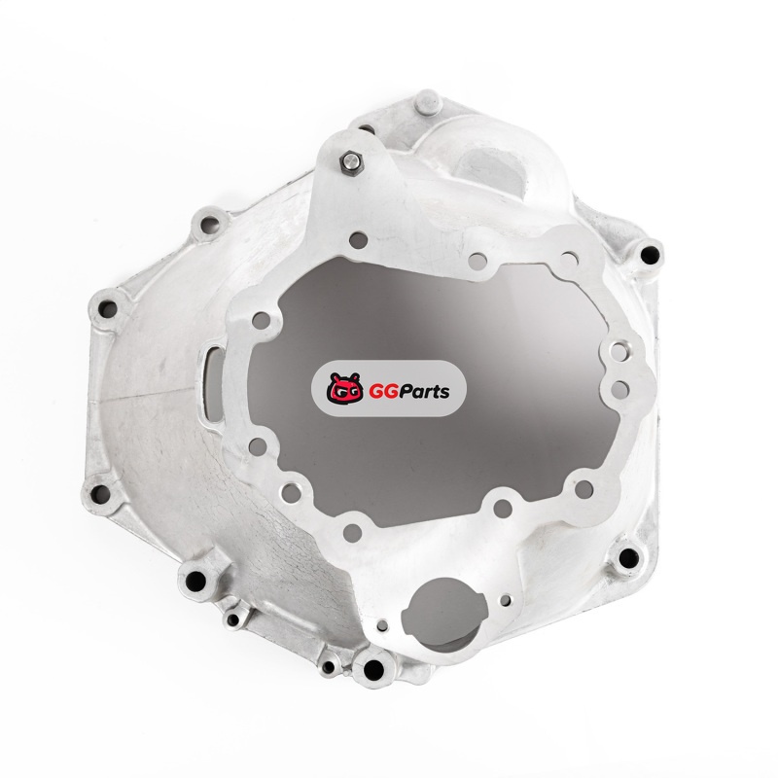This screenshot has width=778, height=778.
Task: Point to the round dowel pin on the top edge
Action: tap(428, 102)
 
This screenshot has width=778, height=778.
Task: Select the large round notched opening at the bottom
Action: tap(444, 613)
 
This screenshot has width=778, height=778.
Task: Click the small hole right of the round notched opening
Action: tap(505, 601)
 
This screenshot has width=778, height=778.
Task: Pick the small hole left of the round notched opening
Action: tap(382, 625)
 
